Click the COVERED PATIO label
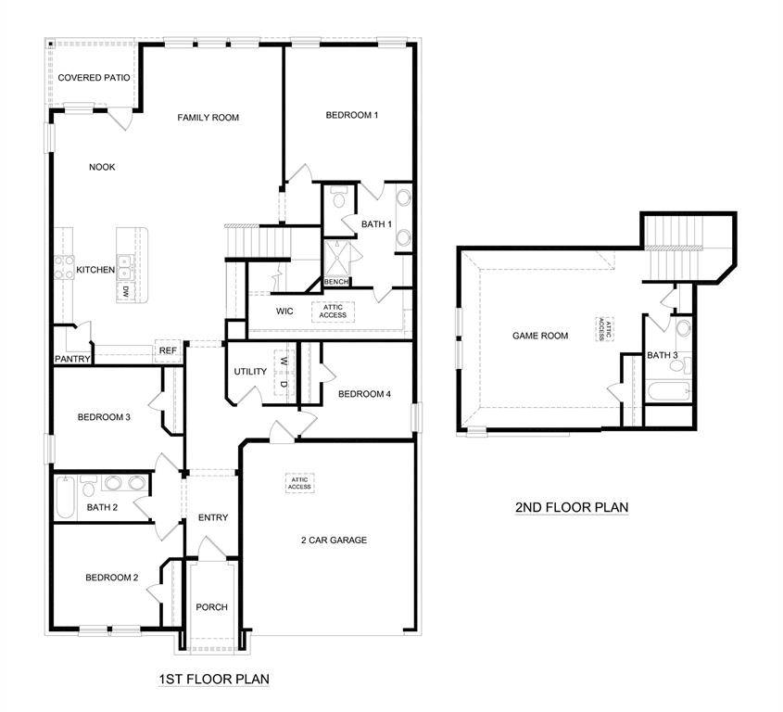(x=94, y=78)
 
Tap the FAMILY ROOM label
(x=208, y=118)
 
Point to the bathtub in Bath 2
(x=66, y=497)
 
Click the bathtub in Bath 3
(x=668, y=390)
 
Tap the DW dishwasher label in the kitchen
(x=124, y=291)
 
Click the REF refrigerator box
(x=168, y=350)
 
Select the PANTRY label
(x=71, y=359)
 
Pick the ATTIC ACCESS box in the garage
(x=299, y=483)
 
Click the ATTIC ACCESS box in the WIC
(x=333, y=311)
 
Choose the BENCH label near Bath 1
(x=336, y=282)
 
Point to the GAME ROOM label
(x=540, y=336)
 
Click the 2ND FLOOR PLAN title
(x=572, y=507)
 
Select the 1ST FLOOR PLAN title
(x=213, y=680)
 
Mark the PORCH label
(x=211, y=607)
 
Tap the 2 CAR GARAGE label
(x=334, y=540)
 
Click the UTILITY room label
(x=250, y=372)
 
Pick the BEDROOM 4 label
(x=364, y=394)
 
